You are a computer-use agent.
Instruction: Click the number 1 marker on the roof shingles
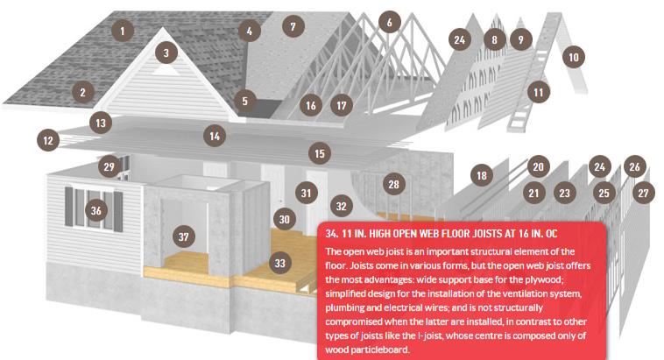pos(123,31)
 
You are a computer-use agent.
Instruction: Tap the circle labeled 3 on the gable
pos(166,53)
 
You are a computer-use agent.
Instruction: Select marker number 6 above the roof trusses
pos(389,22)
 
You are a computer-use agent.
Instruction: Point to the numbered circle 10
pos(574,57)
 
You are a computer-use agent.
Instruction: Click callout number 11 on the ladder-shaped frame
pos(538,92)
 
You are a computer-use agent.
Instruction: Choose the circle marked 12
pos(48,140)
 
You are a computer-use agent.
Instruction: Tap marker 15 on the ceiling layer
pos(320,154)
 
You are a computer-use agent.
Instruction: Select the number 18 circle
pos(482,175)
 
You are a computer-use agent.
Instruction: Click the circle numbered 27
pos(643,193)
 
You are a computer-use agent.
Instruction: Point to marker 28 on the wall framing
pos(394,184)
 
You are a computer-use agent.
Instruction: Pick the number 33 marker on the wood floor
pos(280,263)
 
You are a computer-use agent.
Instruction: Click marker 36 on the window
pos(96,210)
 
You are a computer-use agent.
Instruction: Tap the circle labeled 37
pos(184,236)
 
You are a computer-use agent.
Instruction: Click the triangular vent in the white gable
pos(166,70)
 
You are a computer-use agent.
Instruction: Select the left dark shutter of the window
pos(68,207)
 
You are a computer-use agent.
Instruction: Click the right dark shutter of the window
pos(118,212)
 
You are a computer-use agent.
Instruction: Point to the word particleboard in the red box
pos(367,349)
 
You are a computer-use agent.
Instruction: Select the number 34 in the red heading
pos(332,234)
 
